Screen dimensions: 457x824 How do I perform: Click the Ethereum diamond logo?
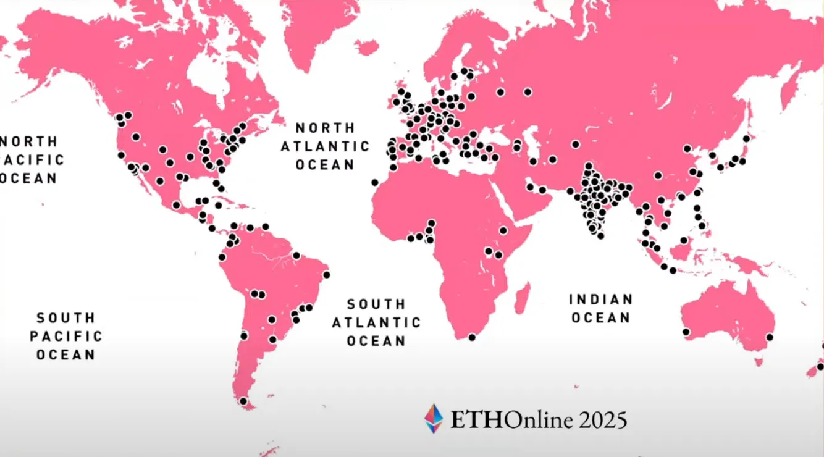434,418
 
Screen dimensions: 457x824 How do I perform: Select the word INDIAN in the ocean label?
601,300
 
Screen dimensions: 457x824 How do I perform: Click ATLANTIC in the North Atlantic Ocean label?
326,146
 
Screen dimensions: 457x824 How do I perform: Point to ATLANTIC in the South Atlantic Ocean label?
376,322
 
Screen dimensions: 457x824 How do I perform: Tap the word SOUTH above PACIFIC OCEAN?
66,318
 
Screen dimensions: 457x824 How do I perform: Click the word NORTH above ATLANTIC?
326,128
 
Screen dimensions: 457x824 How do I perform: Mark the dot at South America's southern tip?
243,401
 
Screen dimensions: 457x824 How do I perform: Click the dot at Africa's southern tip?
472,337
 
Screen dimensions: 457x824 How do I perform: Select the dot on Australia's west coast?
686,332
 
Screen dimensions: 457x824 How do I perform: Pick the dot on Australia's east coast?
770,337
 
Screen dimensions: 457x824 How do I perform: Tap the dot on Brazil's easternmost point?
326,275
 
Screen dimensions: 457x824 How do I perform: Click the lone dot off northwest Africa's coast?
374,182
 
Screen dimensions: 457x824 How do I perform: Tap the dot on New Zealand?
820,366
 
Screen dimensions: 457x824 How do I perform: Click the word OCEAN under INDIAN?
601,318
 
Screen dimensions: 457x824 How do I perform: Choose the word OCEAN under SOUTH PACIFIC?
66,355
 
